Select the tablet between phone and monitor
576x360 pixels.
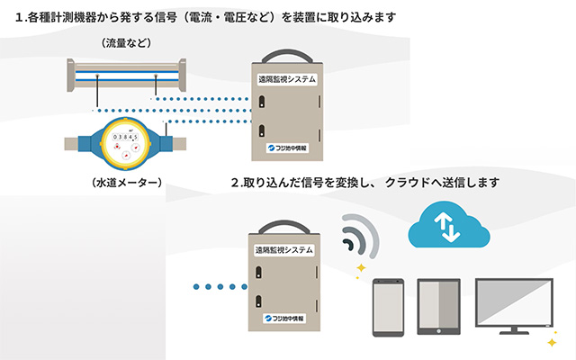click(439, 308)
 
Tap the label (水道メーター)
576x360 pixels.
click(127, 184)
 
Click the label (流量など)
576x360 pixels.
click(126, 43)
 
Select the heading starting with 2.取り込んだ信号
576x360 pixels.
click(364, 183)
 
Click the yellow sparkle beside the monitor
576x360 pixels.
click(551, 342)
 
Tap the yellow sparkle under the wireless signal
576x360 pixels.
click(360, 268)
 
